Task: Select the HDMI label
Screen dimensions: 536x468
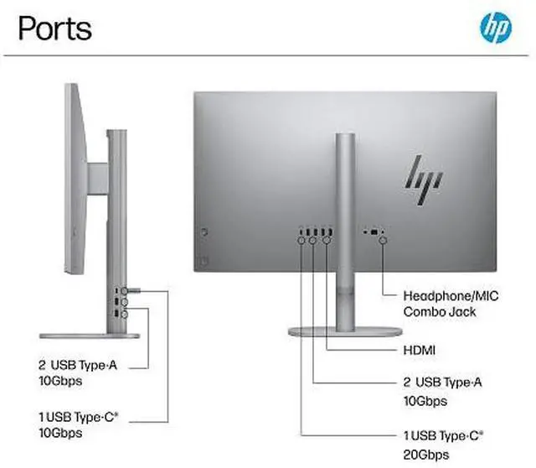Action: click(422, 349)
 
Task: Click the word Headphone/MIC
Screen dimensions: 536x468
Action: click(451, 295)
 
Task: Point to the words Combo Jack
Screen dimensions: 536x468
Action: click(440, 311)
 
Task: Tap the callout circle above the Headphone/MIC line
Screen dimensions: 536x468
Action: click(384, 240)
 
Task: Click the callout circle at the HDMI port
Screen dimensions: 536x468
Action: click(327, 240)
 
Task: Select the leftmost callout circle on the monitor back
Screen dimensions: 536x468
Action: click(301, 240)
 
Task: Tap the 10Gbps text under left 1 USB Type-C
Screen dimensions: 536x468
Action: click(59, 433)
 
